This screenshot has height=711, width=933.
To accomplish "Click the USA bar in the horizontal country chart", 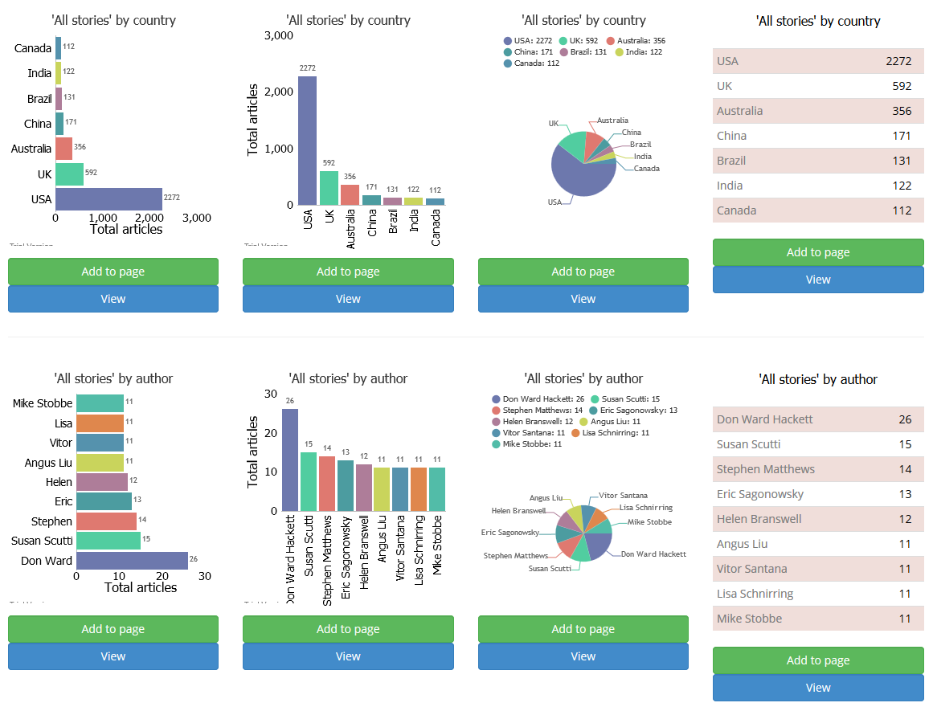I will click(x=108, y=199).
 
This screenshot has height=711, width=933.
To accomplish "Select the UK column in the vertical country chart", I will click(x=329, y=188).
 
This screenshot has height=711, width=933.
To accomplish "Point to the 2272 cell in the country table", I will click(x=898, y=61).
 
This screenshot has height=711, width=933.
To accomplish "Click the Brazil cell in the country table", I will click(x=732, y=161).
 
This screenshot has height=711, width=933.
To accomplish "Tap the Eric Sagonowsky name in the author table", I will click(x=759, y=494).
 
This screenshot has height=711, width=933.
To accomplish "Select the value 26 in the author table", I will click(x=905, y=419).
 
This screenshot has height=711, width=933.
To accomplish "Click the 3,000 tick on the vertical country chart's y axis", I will click(x=278, y=36).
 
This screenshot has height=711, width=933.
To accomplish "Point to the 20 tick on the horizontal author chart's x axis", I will click(x=162, y=576).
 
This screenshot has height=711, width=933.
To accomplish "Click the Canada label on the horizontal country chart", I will click(x=33, y=48).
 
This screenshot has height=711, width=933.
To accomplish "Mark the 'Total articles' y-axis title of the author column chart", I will click(x=253, y=452).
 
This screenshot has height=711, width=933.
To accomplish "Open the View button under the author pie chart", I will click(x=583, y=656).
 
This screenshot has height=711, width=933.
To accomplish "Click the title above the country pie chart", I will click(x=583, y=20).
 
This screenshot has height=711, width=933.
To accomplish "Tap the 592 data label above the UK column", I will click(x=329, y=163).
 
